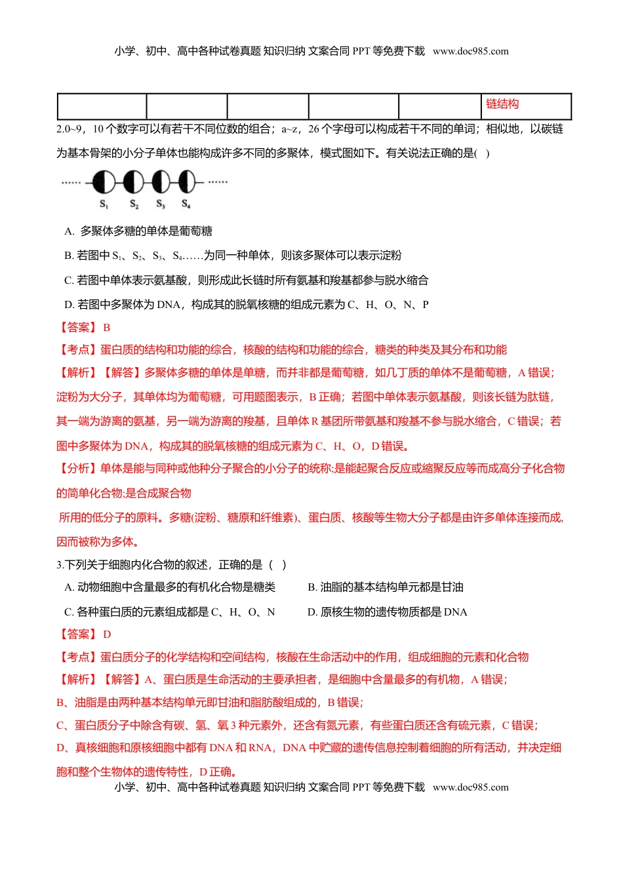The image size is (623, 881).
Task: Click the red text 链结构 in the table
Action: point(502,104)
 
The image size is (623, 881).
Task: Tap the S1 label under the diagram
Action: point(104,205)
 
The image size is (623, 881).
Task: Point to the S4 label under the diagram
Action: point(186,205)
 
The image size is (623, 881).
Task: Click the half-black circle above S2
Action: point(133,182)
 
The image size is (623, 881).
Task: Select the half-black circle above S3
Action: point(161,182)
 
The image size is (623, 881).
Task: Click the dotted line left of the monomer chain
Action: point(71,183)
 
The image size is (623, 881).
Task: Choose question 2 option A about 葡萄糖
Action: point(138,231)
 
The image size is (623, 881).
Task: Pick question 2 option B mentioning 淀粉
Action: point(233,256)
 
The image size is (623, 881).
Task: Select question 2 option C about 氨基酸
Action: point(247,281)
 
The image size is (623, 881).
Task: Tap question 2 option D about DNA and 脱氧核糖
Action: point(247,305)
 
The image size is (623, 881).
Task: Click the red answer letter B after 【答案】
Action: point(107,328)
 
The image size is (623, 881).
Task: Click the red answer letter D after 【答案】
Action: point(107,635)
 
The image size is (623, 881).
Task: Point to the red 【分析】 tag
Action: point(77,469)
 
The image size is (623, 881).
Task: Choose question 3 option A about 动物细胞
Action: point(170,587)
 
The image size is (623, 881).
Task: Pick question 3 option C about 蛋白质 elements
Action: point(170,612)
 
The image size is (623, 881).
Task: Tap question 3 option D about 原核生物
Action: point(387,612)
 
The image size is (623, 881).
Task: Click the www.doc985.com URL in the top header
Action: point(471,51)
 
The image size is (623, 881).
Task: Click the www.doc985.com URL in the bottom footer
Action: point(471,787)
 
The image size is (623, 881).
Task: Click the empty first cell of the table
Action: point(102,106)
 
